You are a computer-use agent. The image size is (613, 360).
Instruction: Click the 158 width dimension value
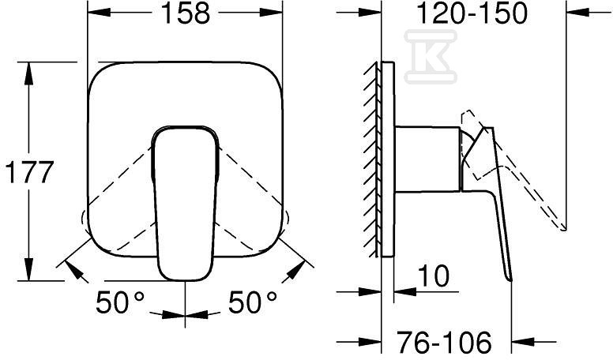tap(185, 13)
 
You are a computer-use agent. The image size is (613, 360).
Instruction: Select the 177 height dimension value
tap(29, 172)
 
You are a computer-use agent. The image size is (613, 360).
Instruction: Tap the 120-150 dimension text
tap(472, 13)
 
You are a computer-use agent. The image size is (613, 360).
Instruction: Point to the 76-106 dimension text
tap(444, 342)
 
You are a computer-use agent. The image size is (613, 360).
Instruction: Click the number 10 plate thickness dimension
tap(434, 276)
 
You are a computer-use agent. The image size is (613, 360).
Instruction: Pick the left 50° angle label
tap(120, 302)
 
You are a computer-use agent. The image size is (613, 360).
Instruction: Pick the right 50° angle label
tap(253, 302)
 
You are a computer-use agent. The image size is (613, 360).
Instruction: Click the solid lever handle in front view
tap(185, 202)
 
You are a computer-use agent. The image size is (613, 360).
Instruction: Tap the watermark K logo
tap(431, 57)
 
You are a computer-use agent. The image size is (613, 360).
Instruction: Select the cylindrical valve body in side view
tap(427, 159)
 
